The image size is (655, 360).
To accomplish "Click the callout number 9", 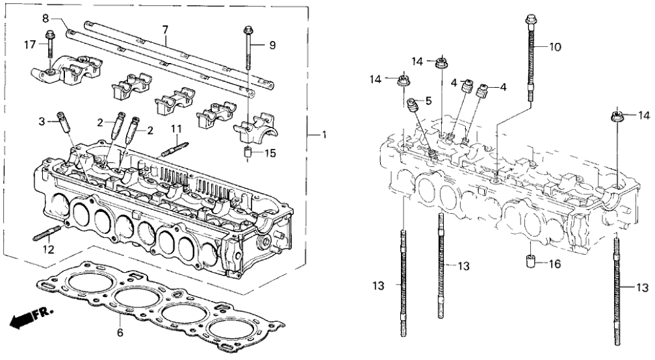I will click(x=272, y=45).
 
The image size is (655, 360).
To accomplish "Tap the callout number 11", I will click(x=175, y=129).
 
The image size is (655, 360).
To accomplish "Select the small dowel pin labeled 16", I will click(x=530, y=264).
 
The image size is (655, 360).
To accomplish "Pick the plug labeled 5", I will click(x=411, y=105).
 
